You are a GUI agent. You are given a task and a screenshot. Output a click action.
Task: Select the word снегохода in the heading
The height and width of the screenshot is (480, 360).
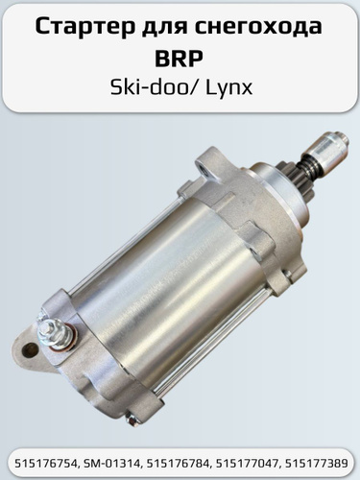pyautogui.click(x=258, y=28)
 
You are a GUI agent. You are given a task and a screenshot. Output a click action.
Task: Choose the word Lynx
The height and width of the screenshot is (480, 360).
pyautogui.click(x=228, y=87)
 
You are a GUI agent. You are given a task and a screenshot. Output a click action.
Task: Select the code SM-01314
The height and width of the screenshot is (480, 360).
pyautogui.click(x=109, y=464)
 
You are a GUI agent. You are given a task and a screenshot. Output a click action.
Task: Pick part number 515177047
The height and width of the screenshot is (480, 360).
pyautogui.click(x=244, y=464)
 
